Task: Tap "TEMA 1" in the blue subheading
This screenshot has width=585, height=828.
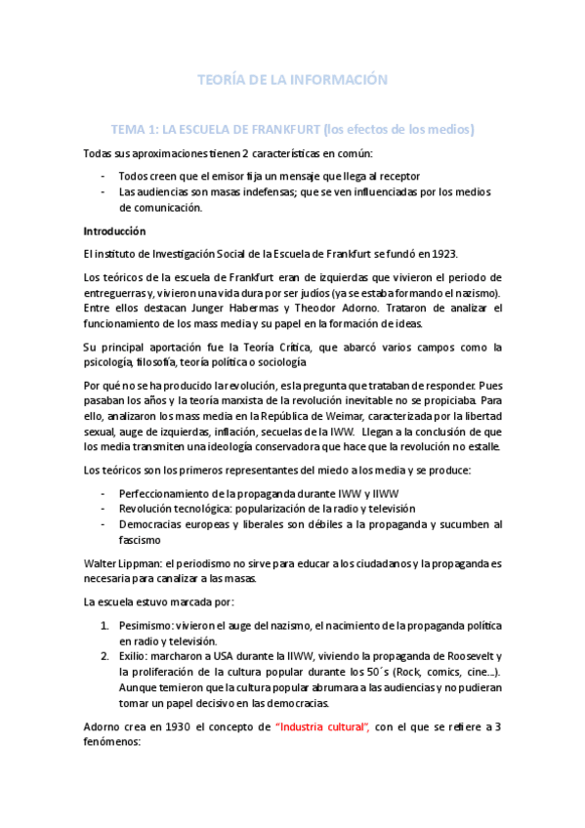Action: click(x=140, y=129)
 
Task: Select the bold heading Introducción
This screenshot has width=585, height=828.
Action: click(x=114, y=231)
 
